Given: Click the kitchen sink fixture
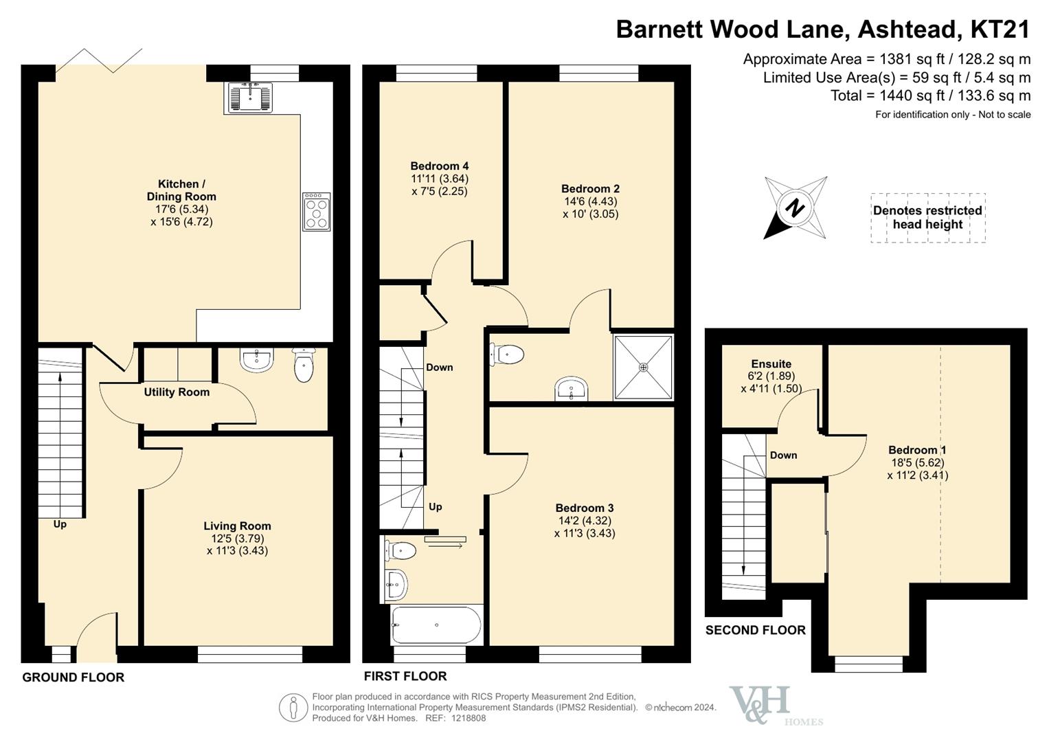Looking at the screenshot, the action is [x=251, y=98].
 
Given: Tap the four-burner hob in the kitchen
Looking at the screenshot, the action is [x=317, y=212].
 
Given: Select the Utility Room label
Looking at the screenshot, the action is [x=177, y=392].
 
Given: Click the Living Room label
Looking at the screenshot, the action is [x=238, y=526].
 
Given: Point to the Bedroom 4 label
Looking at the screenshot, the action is [x=439, y=166].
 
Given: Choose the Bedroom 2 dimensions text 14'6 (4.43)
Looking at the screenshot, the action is [x=591, y=201].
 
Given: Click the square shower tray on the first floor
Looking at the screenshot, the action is [x=643, y=368].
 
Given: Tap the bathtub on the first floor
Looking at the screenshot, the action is [x=436, y=625].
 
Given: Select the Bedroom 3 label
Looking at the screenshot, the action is [x=585, y=508].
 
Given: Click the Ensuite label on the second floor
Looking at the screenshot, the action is [x=771, y=363].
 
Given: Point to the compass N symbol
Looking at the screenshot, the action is [x=795, y=207].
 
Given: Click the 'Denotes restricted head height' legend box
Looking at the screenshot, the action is [x=927, y=218].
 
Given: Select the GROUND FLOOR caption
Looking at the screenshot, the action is [x=74, y=677].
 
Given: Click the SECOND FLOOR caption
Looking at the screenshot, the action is [x=756, y=630].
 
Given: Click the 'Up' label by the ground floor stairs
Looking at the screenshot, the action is [x=60, y=524].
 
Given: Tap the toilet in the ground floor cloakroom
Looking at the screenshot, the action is [x=304, y=364].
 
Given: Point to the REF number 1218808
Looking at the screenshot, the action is [x=469, y=718].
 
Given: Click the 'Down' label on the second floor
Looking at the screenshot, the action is [x=783, y=455].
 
